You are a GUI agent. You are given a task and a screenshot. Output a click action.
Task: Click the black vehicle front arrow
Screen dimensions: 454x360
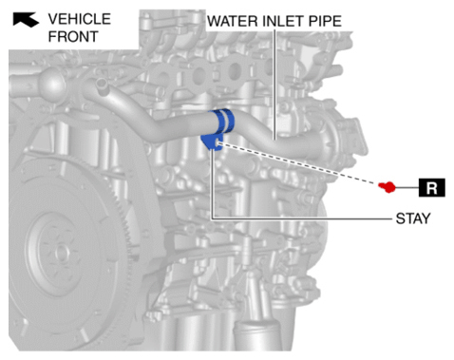26,19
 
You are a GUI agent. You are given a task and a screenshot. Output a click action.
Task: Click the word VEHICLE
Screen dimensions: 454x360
80,19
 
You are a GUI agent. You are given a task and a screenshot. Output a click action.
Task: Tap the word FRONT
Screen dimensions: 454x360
73,36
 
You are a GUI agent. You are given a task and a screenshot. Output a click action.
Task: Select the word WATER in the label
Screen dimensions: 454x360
232,21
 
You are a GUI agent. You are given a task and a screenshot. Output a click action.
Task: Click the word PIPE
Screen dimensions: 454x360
325,21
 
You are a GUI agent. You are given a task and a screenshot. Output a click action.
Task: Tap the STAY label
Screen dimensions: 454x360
413,218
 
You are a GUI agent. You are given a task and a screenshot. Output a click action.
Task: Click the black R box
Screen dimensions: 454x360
432,187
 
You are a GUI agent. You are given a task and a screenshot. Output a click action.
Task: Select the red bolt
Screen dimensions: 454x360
388,187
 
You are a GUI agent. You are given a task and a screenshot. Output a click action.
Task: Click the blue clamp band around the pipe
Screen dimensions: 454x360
223,122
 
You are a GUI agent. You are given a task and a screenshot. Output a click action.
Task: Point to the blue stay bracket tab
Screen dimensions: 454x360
212,142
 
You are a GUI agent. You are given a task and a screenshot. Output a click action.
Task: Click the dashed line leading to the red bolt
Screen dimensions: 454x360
297,163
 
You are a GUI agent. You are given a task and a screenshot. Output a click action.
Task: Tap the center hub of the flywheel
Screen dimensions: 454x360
60,252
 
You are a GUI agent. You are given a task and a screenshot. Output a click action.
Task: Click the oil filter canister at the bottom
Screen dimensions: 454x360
258,336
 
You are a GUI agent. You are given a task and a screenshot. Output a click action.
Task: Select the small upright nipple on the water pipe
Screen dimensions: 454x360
102,85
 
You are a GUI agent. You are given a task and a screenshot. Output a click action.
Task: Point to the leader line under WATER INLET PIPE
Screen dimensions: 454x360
274,85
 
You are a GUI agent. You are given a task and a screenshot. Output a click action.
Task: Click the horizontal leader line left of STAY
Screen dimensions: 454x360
302,218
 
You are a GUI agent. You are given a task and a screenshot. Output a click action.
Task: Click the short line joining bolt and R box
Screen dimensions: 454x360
407,187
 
